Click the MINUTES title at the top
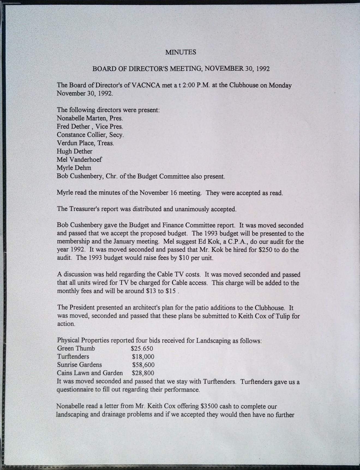181,52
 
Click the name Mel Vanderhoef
79,160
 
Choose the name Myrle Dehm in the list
74,168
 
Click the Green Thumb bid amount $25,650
142,349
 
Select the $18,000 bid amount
143,357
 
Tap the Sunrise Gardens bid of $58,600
143,365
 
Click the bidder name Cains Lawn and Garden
90,373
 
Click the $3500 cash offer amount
209,406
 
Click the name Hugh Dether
74,151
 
